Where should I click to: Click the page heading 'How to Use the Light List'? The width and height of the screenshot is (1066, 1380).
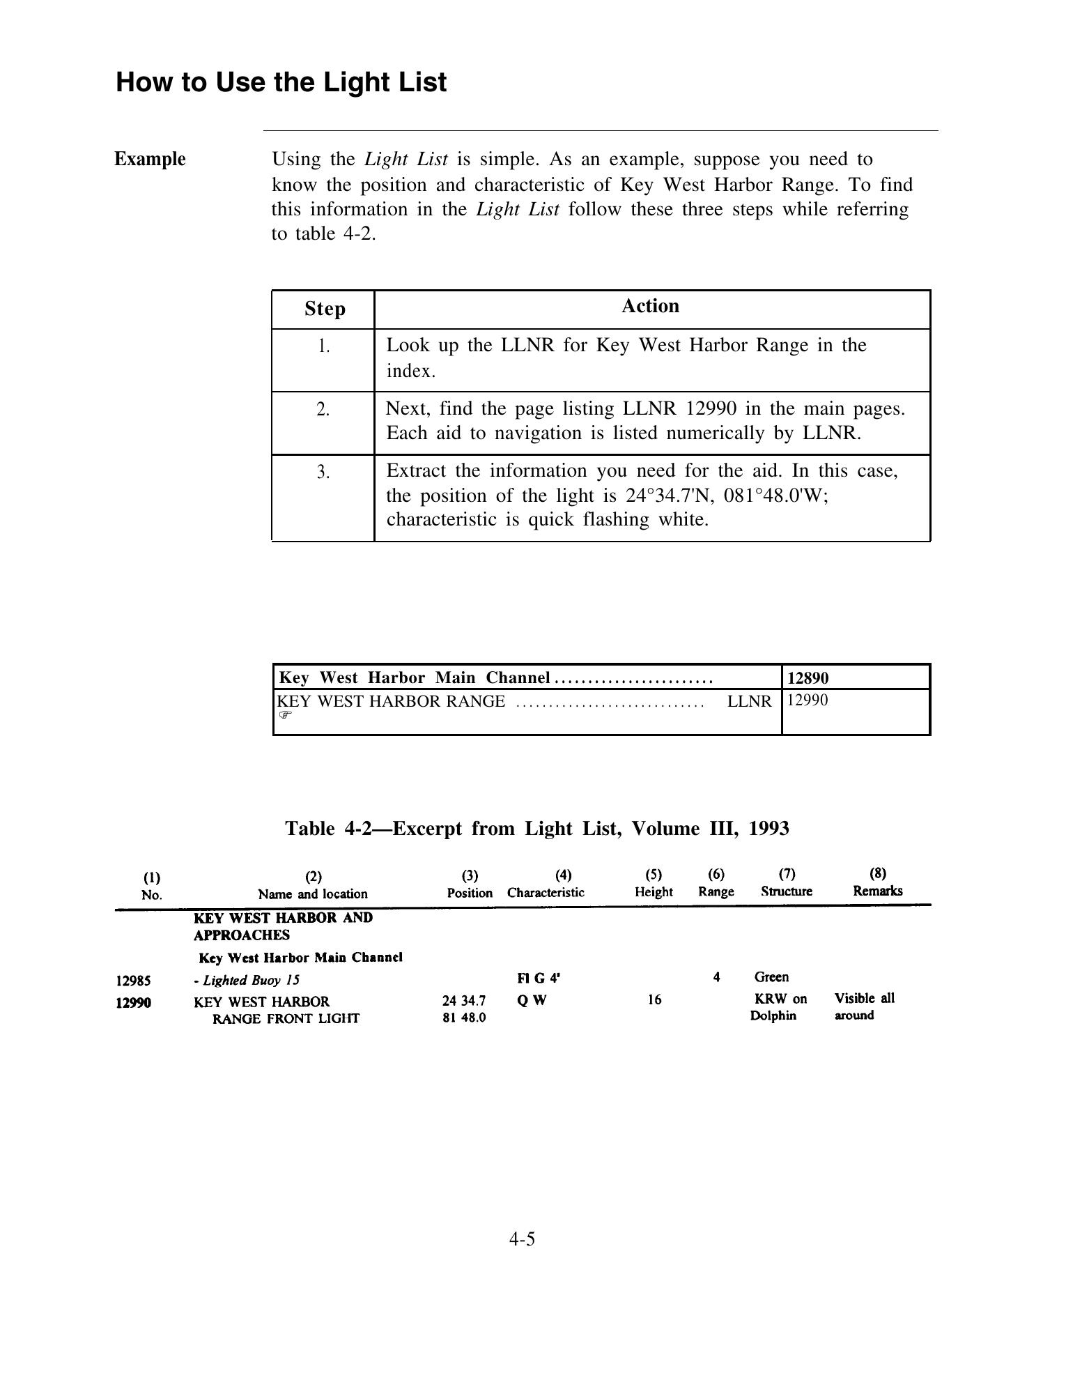281,82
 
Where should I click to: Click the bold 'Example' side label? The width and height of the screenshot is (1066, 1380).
150,159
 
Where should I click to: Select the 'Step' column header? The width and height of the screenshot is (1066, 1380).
325,309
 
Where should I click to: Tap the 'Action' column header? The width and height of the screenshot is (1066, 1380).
650,306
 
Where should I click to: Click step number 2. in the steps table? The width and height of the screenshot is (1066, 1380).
323,410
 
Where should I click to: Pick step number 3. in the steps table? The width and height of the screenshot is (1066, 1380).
323,473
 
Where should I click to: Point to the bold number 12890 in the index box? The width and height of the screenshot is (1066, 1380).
808,677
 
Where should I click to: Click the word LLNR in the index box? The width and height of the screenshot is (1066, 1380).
750,701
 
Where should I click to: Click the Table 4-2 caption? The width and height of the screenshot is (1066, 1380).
537,828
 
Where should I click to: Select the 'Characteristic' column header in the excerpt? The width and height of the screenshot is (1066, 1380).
546,893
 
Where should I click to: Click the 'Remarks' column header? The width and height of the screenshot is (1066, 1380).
877,891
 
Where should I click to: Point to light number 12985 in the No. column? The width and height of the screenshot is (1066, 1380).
133,981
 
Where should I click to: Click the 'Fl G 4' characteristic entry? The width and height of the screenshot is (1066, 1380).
539,978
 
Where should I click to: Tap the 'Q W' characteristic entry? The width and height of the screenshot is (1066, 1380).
532,1000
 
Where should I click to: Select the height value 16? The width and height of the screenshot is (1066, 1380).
654,1000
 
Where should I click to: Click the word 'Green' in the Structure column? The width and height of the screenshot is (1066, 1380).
771,977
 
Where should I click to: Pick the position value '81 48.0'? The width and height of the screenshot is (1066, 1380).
464,1018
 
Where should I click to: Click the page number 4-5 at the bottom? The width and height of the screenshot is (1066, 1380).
522,1239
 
